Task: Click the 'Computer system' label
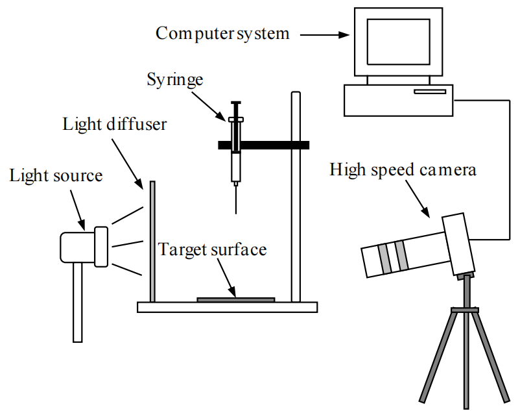click(x=222, y=33)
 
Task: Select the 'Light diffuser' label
click(x=115, y=123)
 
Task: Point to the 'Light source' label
click(x=56, y=175)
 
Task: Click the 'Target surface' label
click(x=213, y=249)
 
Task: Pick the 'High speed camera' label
click(x=403, y=170)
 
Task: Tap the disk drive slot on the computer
click(x=430, y=92)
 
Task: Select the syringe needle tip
click(x=235, y=211)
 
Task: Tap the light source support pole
click(x=78, y=302)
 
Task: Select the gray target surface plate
click(x=235, y=299)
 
